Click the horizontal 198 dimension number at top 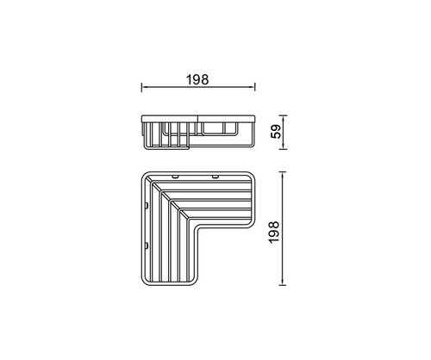pyautogui.click(x=197, y=79)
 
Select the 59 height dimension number pyautogui.click(x=276, y=132)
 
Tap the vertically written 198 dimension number pyautogui.click(x=274, y=233)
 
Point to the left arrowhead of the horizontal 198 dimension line pyautogui.click(x=144, y=87)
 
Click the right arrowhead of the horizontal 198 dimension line pyautogui.click(x=253, y=87)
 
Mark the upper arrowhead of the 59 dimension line pyautogui.click(x=284, y=118)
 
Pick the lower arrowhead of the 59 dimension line pyautogui.click(x=284, y=146)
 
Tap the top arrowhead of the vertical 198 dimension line pyautogui.click(x=283, y=175)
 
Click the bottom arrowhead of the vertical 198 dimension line pyautogui.click(x=283, y=282)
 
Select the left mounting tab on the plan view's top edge pyautogui.click(x=174, y=177)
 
